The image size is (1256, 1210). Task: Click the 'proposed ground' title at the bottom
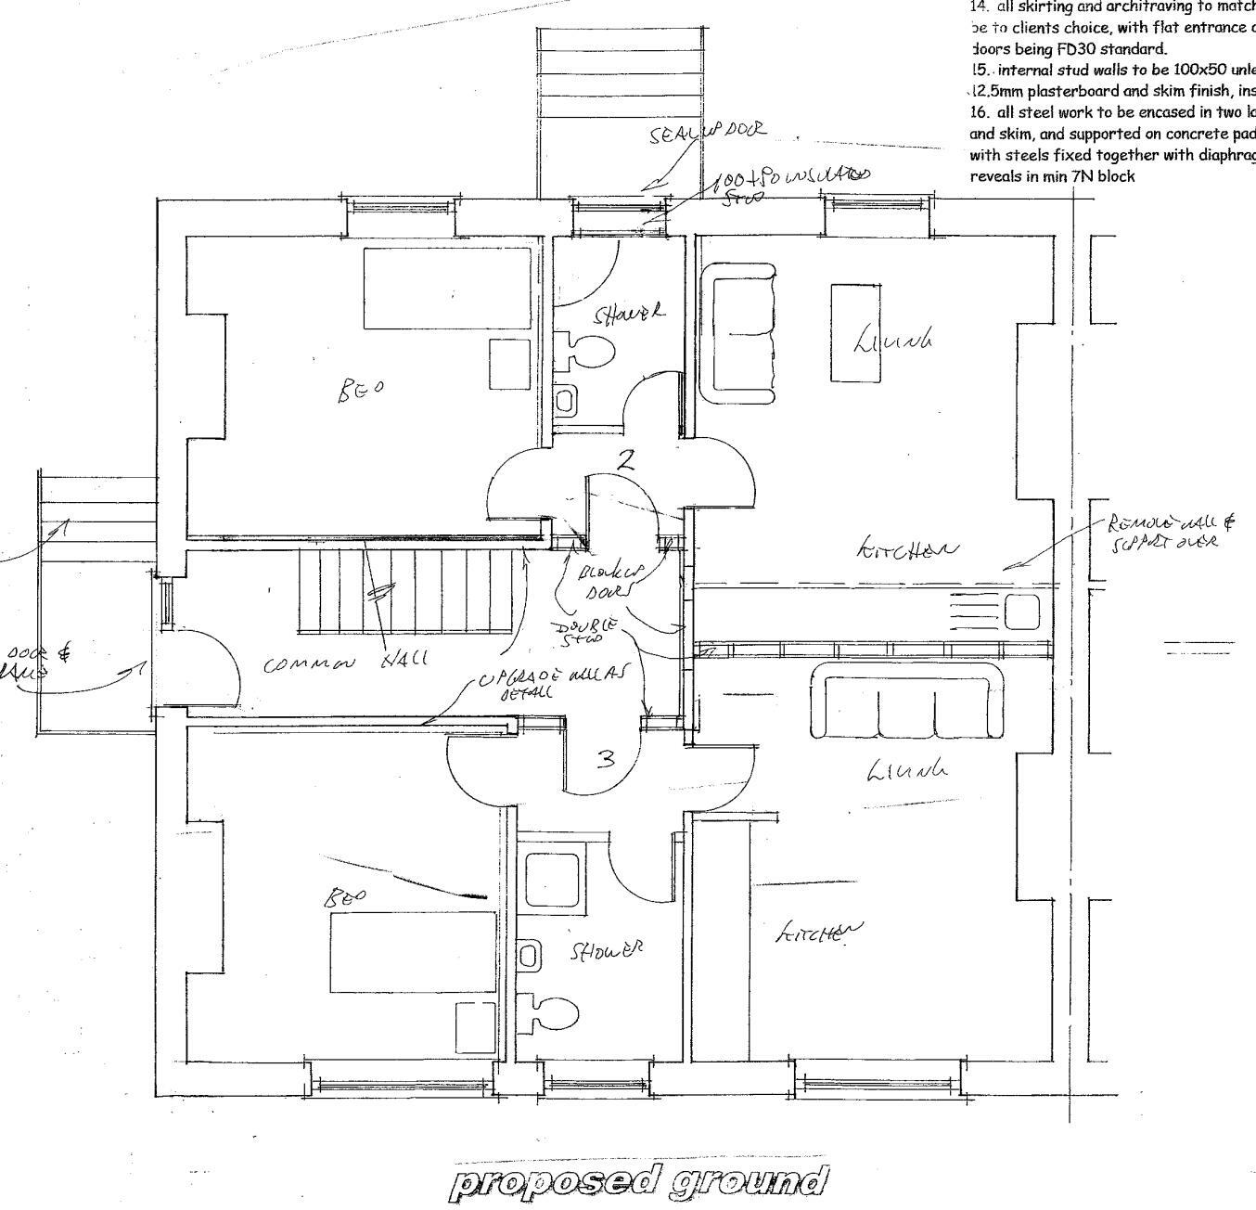(639, 1181)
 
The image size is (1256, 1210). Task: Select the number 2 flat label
(627, 459)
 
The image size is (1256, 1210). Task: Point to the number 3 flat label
(606, 760)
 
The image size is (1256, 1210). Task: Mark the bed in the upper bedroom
(447, 289)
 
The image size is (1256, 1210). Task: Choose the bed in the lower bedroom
(413, 952)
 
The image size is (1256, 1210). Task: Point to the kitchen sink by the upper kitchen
(1020, 611)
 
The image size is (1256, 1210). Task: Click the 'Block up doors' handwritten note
(609, 581)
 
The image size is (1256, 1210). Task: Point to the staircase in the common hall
(404, 593)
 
